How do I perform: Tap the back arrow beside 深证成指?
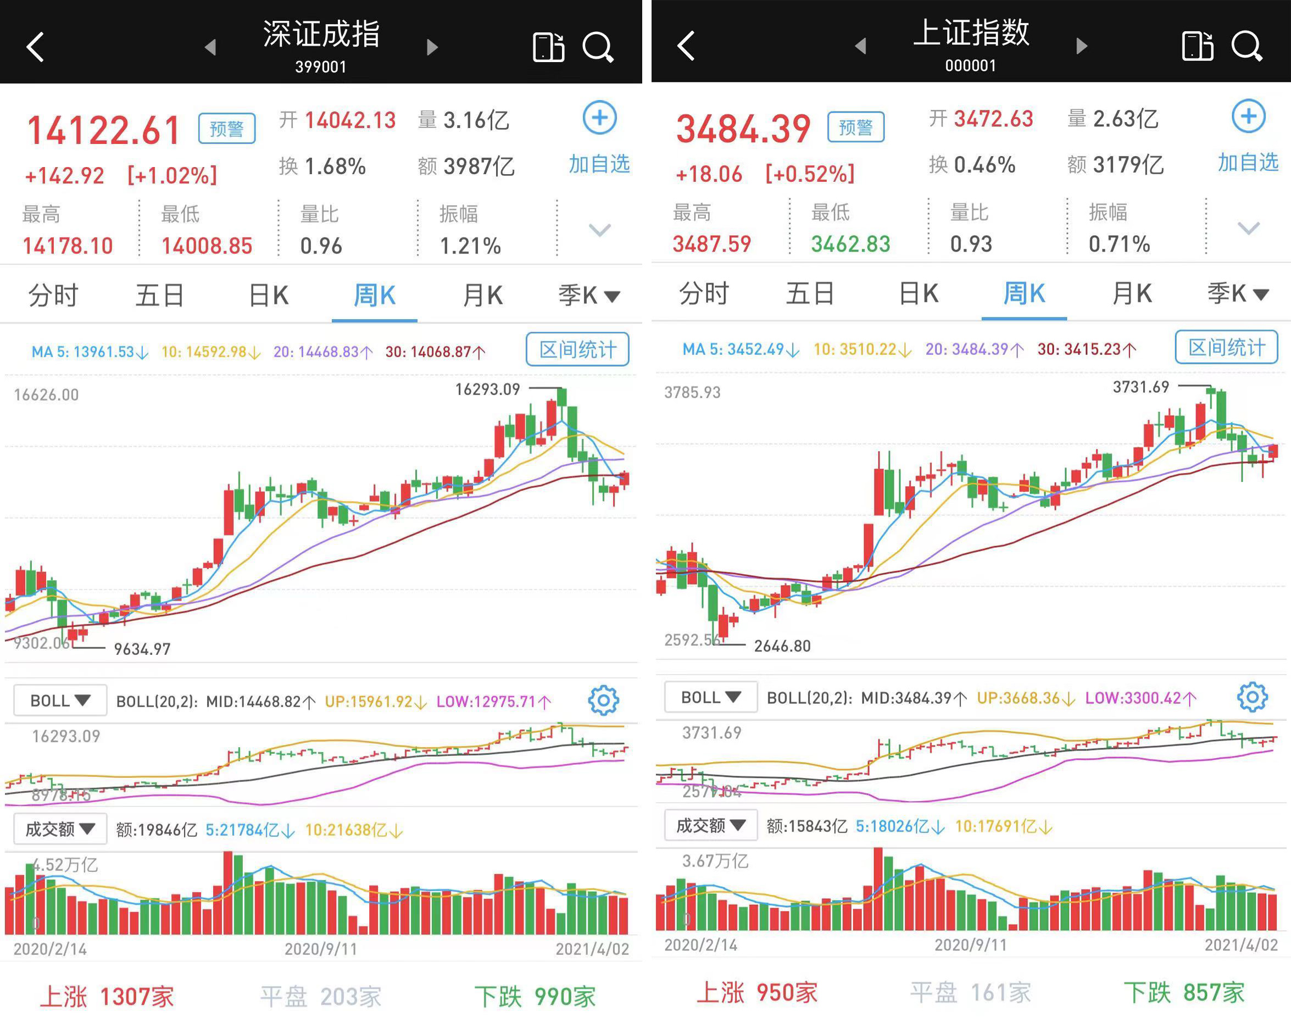tap(35, 47)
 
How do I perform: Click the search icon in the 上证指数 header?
tap(1247, 46)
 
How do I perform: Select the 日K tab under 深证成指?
tap(269, 295)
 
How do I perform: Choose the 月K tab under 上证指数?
tap(1131, 293)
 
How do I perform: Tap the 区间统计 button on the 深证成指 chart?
tap(577, 349)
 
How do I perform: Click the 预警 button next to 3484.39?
tap(855, 127)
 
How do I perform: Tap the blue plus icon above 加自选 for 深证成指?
tap(599, 118)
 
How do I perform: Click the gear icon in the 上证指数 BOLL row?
tap(1252, 697)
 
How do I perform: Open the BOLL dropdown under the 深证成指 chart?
tap(60, 700)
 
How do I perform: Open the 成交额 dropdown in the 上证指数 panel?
tap(710, 826)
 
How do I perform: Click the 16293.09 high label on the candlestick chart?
tap(487, 390)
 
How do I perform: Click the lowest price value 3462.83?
tap(850, 244)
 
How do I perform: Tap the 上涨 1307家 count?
tap(107, 997)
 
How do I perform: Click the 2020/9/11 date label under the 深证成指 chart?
tap(320, 949)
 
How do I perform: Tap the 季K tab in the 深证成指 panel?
tap(588, 295)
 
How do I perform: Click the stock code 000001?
tap(970, 65)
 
